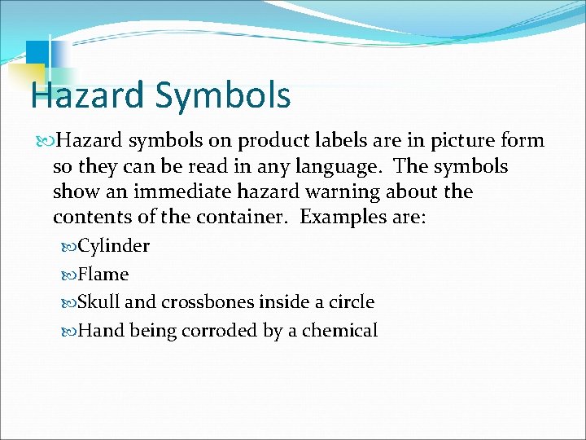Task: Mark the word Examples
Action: [342, 219]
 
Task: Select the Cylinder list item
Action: [113, 246]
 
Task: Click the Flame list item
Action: [103, 275]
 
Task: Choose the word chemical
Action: [344, 331]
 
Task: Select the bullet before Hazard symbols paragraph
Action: [45, 141]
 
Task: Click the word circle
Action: [350, 302]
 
